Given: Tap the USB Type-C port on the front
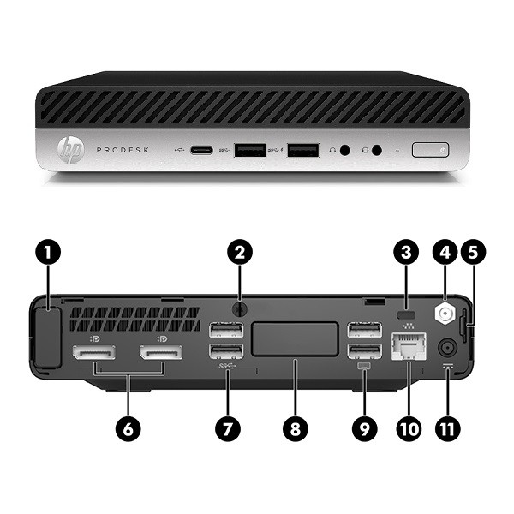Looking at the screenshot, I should click(x=202, y=151).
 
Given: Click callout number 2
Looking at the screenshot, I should click(x=241, y=252).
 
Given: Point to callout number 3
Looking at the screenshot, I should click(x=409, y=252).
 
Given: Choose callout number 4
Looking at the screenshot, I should click(x=445, y=252).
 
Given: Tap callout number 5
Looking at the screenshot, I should click(x=474, y=252).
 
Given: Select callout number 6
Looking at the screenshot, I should click(x=129, y=430).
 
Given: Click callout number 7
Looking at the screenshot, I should click(x=227, y=430).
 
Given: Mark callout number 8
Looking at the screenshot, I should click(x=296, y=430).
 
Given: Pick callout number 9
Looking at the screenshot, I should click(x=364, y=430).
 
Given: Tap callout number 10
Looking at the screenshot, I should click(x=409, y=430).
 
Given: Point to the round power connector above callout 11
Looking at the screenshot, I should click(x=446, y=348).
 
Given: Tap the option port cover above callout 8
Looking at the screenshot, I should click(x=296, y=338).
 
